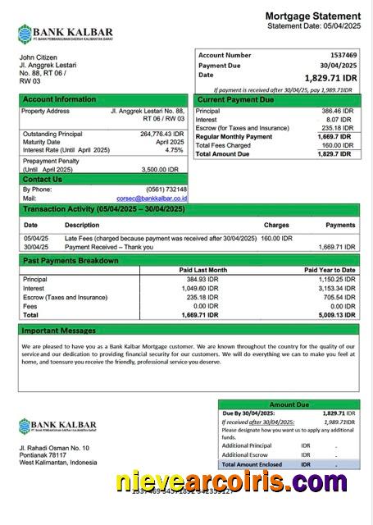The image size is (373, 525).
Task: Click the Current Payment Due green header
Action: click(235, 99)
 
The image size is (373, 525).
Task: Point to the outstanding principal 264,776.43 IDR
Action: click(161, 134)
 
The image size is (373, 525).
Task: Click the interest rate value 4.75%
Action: click(174, 150)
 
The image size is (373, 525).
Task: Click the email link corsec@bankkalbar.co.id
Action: click(152, 198)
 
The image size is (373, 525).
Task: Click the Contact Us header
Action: click(43, 179)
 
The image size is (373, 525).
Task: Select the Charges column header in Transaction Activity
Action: click(276, 225)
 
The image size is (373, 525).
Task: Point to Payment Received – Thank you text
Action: click(109, 246)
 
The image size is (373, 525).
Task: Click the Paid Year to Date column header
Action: click(330, 270)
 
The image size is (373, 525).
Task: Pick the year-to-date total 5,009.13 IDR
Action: click(336, 314)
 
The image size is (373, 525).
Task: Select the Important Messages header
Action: click(59, 330)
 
